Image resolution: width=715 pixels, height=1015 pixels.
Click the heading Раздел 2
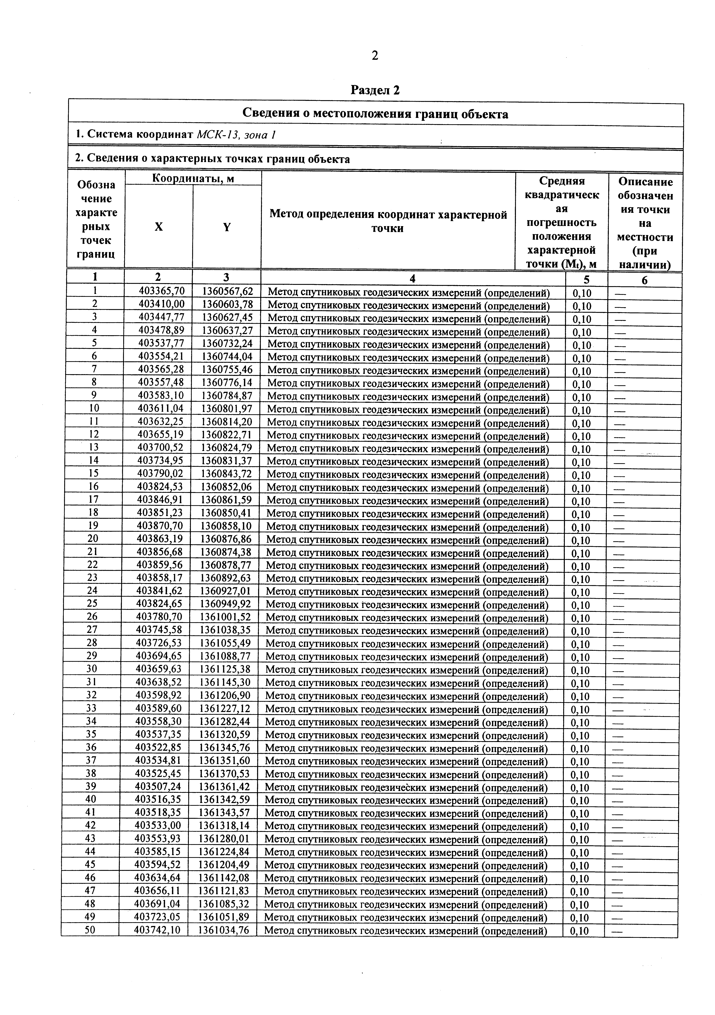(x=375, y=90)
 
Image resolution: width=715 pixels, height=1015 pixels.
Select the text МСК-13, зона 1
(x=236, y=134)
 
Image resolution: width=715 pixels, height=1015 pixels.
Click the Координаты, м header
(x=193, y=178)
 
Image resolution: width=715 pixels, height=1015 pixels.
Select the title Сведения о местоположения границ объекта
(x=375, y=114)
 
